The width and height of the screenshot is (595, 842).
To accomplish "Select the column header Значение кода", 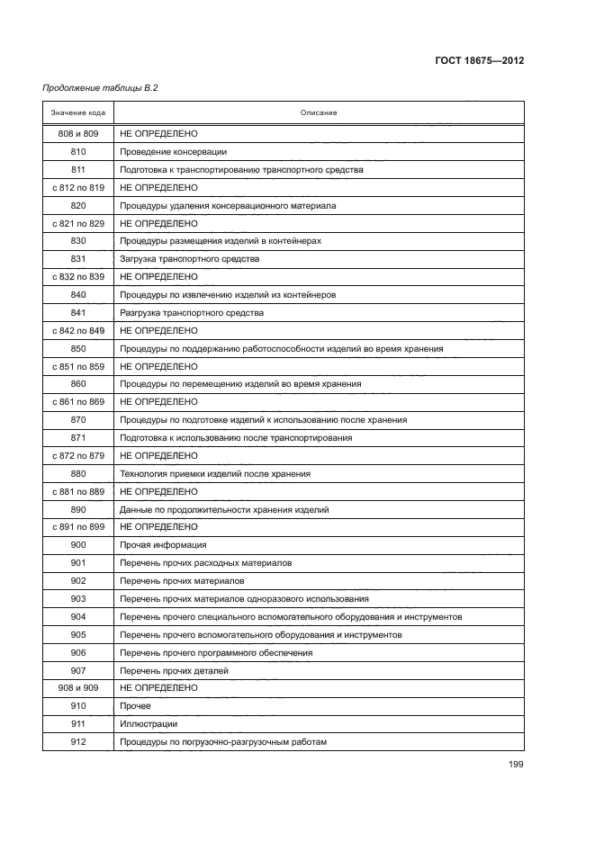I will pyautogui.click(x=77, y=112).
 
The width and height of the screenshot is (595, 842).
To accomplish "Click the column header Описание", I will pyautogui.click(x=319, y=112).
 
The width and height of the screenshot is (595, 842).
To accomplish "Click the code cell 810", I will pyautogui.click(x=77, y=151).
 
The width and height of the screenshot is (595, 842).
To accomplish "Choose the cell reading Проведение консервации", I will pyautogui.click(x=173, y=151).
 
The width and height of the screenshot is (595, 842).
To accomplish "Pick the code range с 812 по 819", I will pyautogui.click(x=77, y=187).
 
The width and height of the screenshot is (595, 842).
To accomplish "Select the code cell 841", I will pyautogui.click(x=77, y=312).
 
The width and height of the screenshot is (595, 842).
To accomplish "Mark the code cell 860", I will pyautogui.click(x=77, y=383).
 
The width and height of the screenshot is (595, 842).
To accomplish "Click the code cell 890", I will pyautogui.click(x=77, y=509).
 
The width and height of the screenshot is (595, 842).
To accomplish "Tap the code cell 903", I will pyautogui.click(x=77, y=598).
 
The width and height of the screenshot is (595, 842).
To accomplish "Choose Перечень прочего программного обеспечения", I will pyautogui.click(x=216, y=652).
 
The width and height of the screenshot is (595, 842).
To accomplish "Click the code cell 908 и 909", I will pyautogui.click(x=77, y=688).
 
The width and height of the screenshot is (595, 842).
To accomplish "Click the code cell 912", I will pyautogui.click(x=77, y=741).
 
